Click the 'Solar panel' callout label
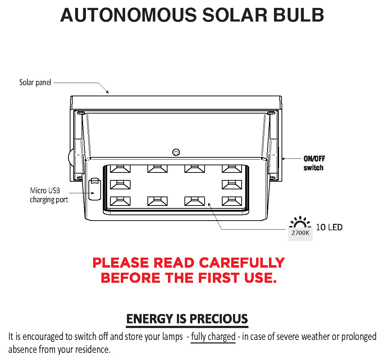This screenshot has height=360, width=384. pos(35,83)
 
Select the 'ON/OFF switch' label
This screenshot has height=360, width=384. pos(314,163)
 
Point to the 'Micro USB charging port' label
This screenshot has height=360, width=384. pos(49,195)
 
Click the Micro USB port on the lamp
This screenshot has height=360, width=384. pos(94,189)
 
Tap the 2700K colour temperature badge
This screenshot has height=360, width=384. pos(300,233)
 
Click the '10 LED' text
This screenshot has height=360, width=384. pos(329,227)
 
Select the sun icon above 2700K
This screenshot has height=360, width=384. pos(300,222)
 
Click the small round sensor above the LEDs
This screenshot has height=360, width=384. pos(176,152)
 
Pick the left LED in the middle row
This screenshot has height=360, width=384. pos(120,185)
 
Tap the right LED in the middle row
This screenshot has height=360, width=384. pos(232,185)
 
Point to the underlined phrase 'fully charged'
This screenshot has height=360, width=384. pos(213,337)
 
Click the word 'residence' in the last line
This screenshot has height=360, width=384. pos(92,349)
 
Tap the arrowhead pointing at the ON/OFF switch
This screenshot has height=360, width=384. pos(283,158)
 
